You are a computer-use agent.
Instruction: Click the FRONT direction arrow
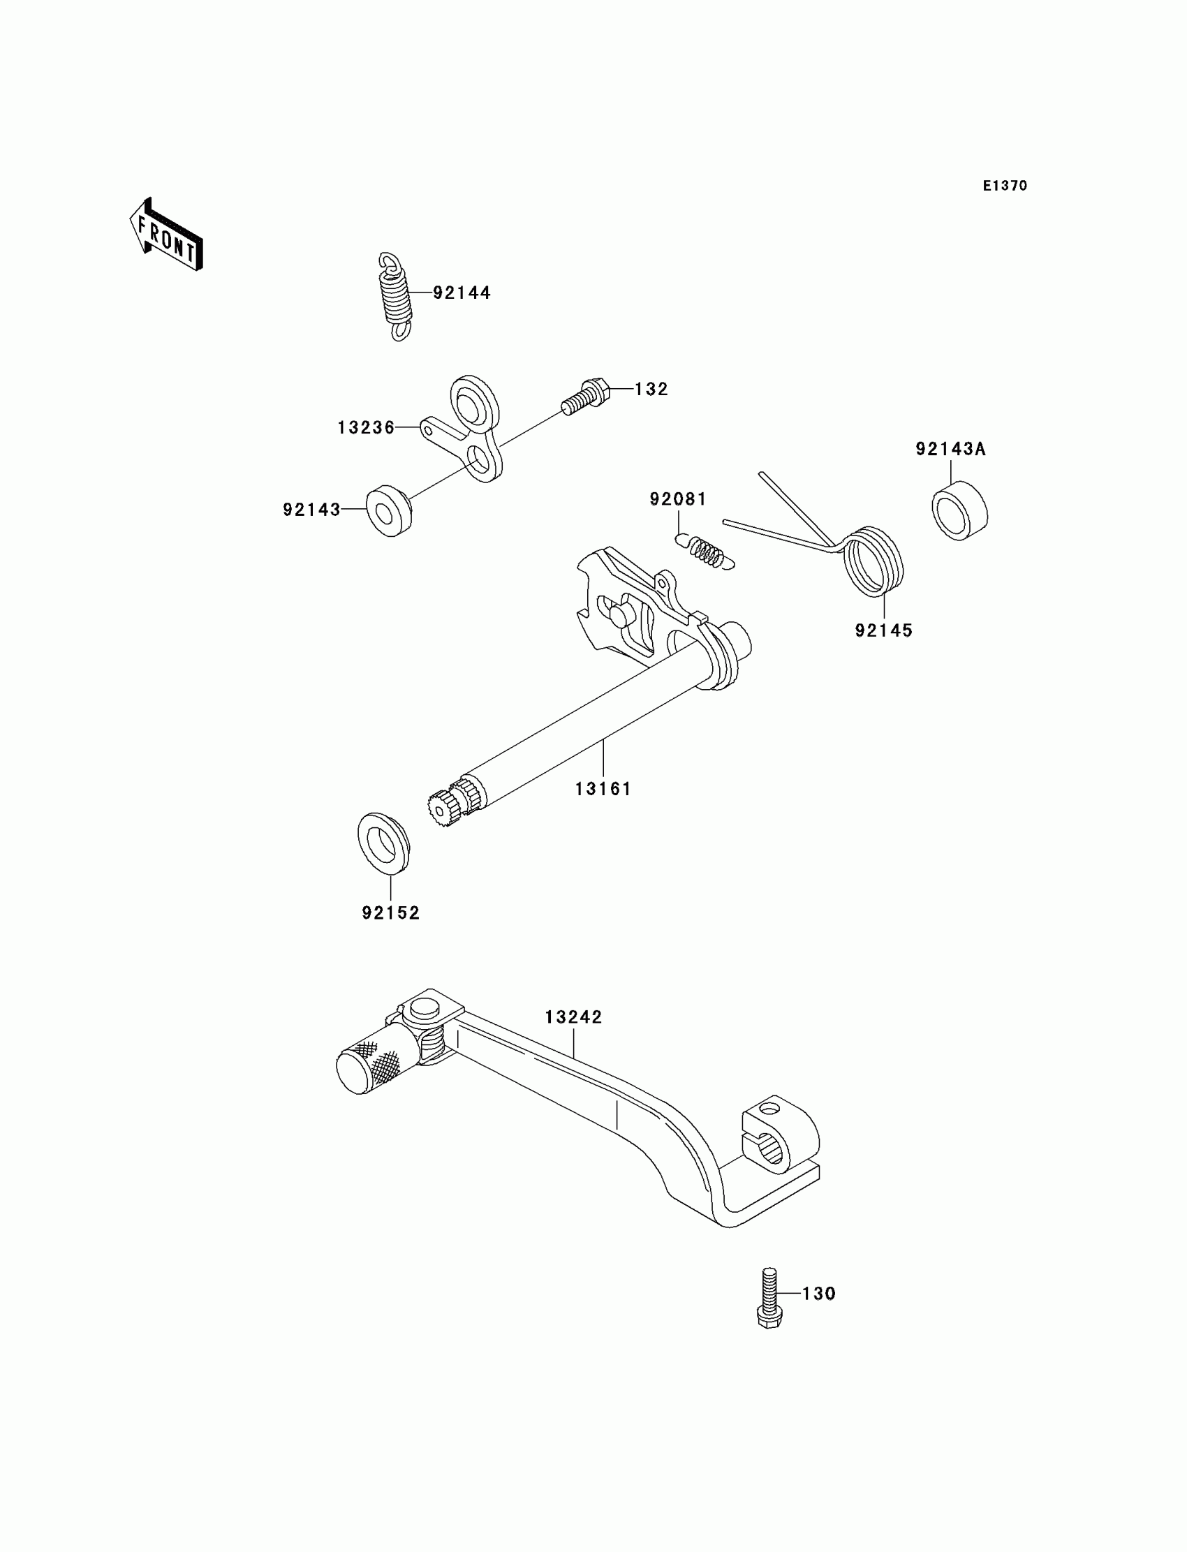pos(166,235)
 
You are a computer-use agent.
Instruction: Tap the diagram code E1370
pos(1004,186)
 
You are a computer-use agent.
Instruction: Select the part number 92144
pos(462,293)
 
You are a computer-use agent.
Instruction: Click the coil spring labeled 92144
pos(397,296)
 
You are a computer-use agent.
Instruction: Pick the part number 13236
pos(366,427)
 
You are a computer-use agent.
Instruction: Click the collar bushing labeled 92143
pos(389,510)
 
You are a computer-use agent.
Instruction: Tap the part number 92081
pos(677,498)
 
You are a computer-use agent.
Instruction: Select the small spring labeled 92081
pos(707,551)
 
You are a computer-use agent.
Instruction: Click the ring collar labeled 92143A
pos(959,510)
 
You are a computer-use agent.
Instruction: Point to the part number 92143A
pos(950,449)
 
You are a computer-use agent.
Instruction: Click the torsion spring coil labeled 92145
pos(875,561)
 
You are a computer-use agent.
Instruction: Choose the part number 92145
pos(883,630)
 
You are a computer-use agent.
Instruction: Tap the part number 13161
pos(603,789)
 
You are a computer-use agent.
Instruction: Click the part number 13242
pos(573,1017)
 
